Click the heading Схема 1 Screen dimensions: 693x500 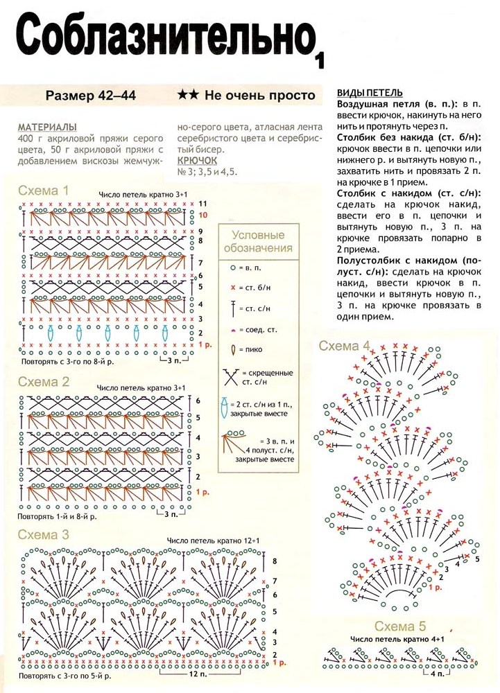(x=43, y=191)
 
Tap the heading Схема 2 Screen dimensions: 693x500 (x=43, y=382)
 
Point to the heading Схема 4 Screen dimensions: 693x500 (x=345, y=346)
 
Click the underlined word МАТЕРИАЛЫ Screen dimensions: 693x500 (x=47, y=128)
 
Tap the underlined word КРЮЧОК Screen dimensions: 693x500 (x=198, y=161)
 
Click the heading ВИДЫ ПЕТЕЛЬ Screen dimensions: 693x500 (x=369, y=93)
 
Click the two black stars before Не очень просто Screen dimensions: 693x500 (x=188, y=96)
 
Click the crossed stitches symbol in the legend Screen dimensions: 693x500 (x=231, y=378)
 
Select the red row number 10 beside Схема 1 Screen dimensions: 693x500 (x=202, y=216)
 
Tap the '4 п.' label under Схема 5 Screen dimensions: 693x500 (x=436, y=674)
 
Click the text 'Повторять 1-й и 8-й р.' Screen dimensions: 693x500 (x=58, y=516)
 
